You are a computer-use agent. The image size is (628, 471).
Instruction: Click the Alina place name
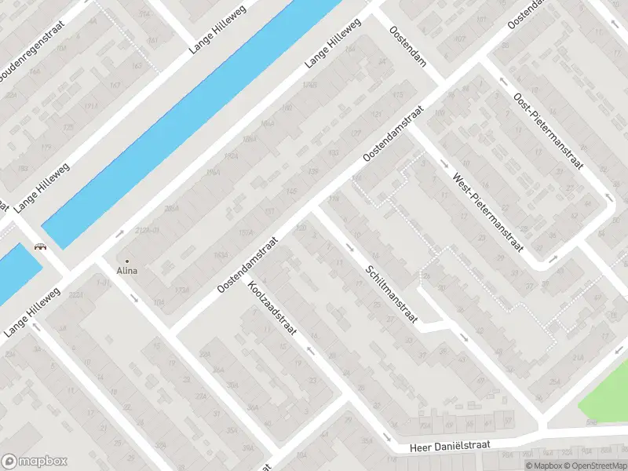point(127,271)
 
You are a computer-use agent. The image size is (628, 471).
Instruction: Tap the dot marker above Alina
point(127,261)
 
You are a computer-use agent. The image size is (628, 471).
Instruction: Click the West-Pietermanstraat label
point(487,210)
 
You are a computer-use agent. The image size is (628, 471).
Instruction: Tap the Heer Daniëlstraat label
point(450,446)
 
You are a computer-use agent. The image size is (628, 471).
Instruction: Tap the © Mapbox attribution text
point(544,466)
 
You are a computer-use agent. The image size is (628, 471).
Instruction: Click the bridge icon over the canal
point(39,247)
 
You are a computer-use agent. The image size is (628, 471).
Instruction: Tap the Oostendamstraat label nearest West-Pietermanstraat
point(392,135)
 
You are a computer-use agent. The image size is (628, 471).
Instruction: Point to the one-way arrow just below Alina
point(134,298)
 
